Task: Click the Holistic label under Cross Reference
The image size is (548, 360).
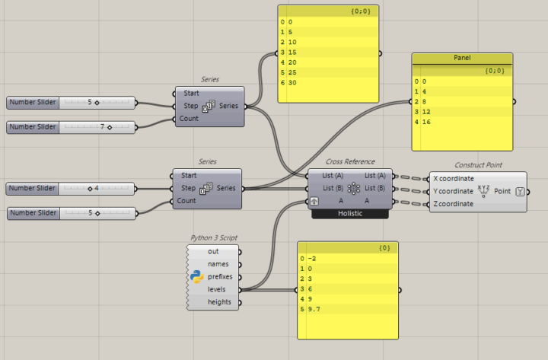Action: tap(350, 214)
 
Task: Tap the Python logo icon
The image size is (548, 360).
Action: tap(196, 276)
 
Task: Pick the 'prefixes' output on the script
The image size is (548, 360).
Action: tap(220, 276)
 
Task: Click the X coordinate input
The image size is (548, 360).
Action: tap(463, 178)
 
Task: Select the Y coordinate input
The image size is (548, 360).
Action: tap(463, 191)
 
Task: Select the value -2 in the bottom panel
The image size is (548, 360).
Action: tap(312, 258)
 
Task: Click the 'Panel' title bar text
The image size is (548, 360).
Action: tap(463, 58)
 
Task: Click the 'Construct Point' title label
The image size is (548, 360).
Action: tap(477, 164)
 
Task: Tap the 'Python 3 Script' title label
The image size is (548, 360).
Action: tap(214, 237)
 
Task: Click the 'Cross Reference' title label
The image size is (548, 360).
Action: tap(350, 161)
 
